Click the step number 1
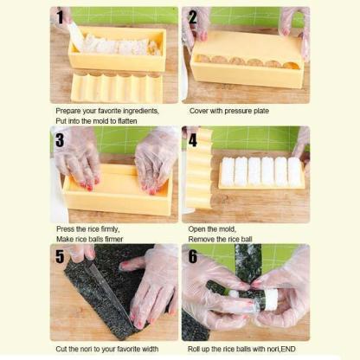(x=60, y=17)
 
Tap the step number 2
(x=193, y=17)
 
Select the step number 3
(x=60, y=139)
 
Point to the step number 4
(x=193, y=139)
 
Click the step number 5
(x=60, y=256)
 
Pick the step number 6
(x=193, y=256)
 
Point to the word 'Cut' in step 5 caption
(x=61, y=349)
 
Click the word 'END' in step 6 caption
(x=288, y=349)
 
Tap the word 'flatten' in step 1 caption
(x=127, y=121)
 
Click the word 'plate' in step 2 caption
(x=261, y=111)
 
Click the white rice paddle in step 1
(x=75, y=37)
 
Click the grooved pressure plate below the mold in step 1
(x=117, y=87)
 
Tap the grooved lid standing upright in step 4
(x=199, y=169)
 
